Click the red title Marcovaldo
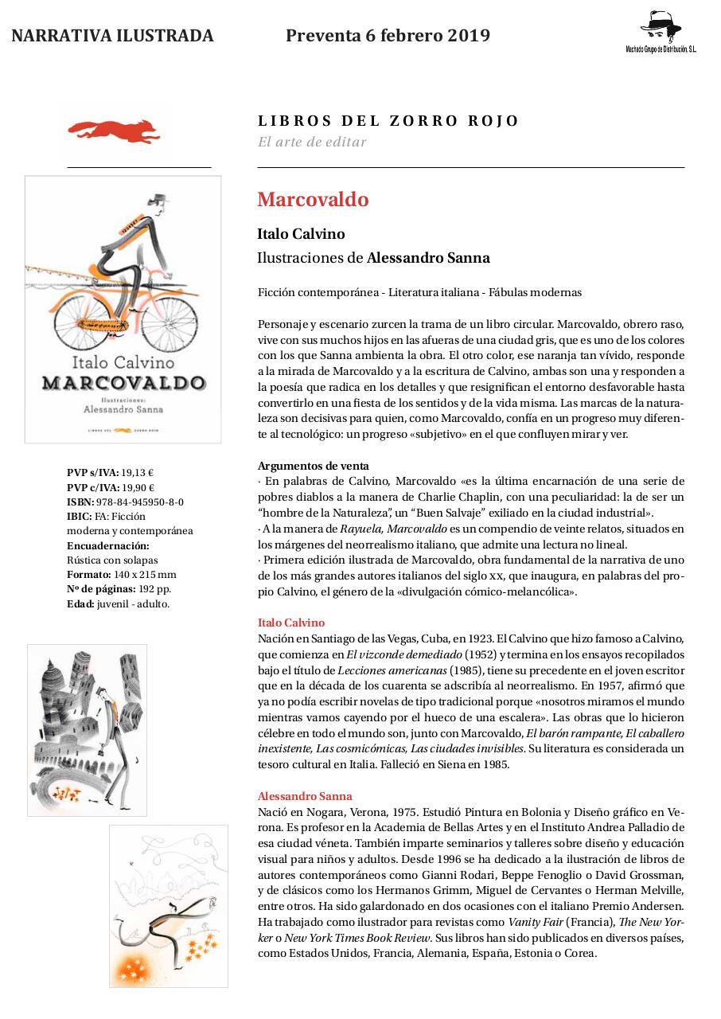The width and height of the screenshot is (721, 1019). pyautogui.click(x=313, y=200)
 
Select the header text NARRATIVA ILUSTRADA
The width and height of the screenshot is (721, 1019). pyautogui.click(x=112, y=36)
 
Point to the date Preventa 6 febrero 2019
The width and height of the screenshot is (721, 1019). pyautogui.click(x=388, y=36)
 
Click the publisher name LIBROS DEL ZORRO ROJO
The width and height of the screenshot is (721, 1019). pyautogui.click(x=388, y=121)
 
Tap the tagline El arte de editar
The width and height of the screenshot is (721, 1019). pyautogui.click(x=311, y=143)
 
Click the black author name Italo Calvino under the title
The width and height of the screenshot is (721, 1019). pyautogui.click(x=301, y=234)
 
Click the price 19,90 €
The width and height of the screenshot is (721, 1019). pyautogui.click(x=138, y=487)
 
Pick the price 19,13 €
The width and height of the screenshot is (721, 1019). pyautogui.click(x=137, y=473)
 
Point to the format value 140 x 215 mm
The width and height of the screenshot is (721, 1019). pyautogui.click(x=145, y=574)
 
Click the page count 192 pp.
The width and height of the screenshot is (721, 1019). pyautogui.click(x=154, y=589)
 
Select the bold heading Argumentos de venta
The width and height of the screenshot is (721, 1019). pyautogui.click(x=313, y=466)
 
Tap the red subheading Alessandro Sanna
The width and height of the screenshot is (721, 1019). pyautogui.click(x=305, y=796)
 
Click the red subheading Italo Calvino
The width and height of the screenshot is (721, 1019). pyautogui.click(x=291, y=623)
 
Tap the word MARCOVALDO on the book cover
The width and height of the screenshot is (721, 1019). pyautogui.click(x=123, y=381)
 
